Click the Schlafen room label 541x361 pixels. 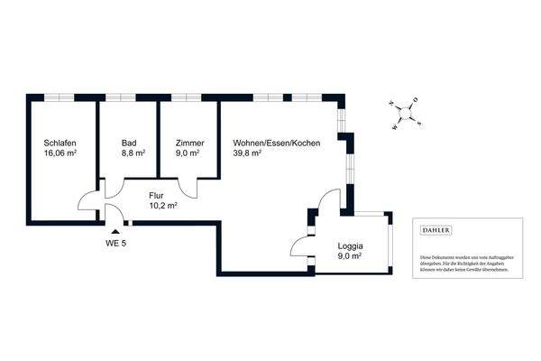60,143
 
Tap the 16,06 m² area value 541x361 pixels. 60,154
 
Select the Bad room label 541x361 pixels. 129,143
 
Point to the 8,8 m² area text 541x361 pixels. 133,154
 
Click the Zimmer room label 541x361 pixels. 189,143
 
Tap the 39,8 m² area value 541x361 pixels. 247,154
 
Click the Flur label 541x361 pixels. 156,194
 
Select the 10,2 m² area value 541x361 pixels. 162,205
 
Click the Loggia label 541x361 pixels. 350,245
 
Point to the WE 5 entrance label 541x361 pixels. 115,243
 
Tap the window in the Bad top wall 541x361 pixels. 127,95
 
